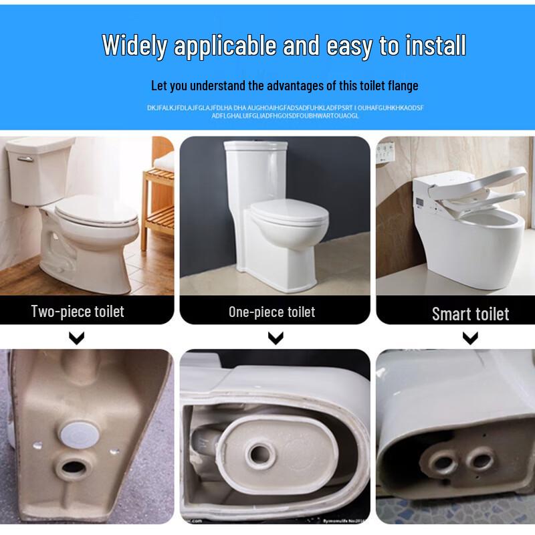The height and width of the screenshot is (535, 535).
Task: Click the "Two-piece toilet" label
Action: click(78, 311)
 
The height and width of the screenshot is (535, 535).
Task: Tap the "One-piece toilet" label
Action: click(272, 312)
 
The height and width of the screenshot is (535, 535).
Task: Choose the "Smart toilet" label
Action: click(470, 314)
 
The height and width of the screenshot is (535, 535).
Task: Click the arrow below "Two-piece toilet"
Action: click(78, 338)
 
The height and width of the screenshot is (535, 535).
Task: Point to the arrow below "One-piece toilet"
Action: click(275, 339)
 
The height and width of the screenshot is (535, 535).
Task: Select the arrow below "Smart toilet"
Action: click(470, 339)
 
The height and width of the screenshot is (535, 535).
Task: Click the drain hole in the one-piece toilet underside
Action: click(259, 455)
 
